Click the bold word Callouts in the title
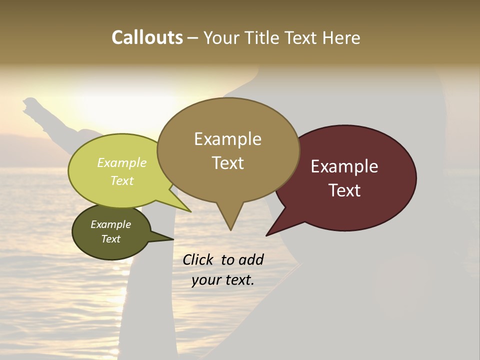pos(147,37)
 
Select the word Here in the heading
pos(341,37)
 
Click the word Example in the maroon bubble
pos(344,166)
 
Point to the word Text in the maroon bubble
pos(344,190)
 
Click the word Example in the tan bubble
pos(227,139)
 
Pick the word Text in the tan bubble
pos(227,162)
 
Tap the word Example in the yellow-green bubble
pos(122,163)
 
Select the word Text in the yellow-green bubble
pos(122,180)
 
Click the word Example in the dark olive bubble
pos(110,224)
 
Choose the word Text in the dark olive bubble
pos(110,239)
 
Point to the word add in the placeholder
pos(250,259)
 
